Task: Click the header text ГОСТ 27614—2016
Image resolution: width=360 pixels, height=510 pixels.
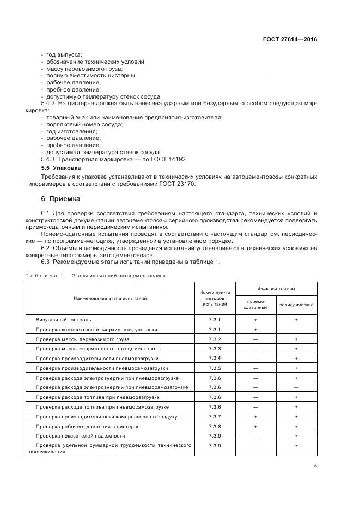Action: [290, 40]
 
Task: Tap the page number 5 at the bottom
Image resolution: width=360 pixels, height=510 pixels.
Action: [315, 465]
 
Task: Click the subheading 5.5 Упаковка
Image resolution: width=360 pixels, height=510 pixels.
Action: [61, 168]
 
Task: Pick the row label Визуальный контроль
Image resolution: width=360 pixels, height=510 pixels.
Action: [64, 319]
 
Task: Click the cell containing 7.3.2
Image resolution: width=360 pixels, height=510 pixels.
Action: [215, 339]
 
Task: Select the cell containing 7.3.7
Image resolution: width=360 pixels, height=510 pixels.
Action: [215, 416]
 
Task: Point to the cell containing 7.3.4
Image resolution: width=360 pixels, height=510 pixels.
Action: [215, 358]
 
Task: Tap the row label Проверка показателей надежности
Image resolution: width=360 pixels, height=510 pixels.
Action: [81, 436]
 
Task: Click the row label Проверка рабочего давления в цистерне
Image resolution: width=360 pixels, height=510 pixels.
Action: [89, 426]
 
